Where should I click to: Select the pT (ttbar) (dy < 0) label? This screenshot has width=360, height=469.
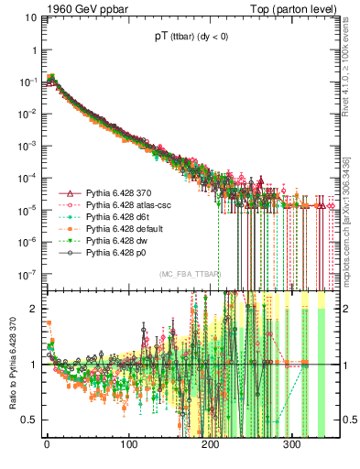184,38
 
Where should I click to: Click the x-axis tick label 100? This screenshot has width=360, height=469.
129,444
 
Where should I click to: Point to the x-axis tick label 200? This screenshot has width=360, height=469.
211,444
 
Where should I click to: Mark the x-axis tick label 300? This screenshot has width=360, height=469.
292,444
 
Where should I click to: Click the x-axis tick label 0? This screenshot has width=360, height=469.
47,444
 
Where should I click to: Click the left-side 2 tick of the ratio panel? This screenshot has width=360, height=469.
34,309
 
